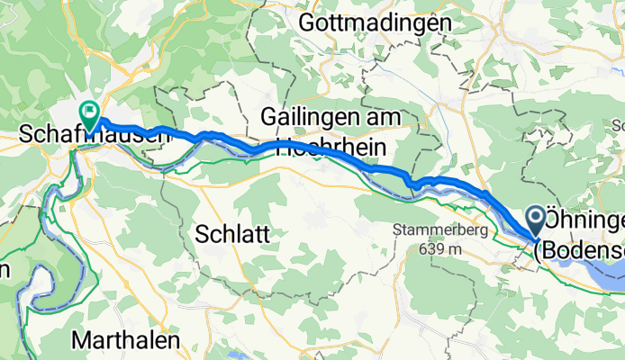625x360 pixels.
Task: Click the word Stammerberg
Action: [x=440, y=230]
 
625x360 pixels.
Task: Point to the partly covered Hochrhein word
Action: [x=329, y=148]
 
